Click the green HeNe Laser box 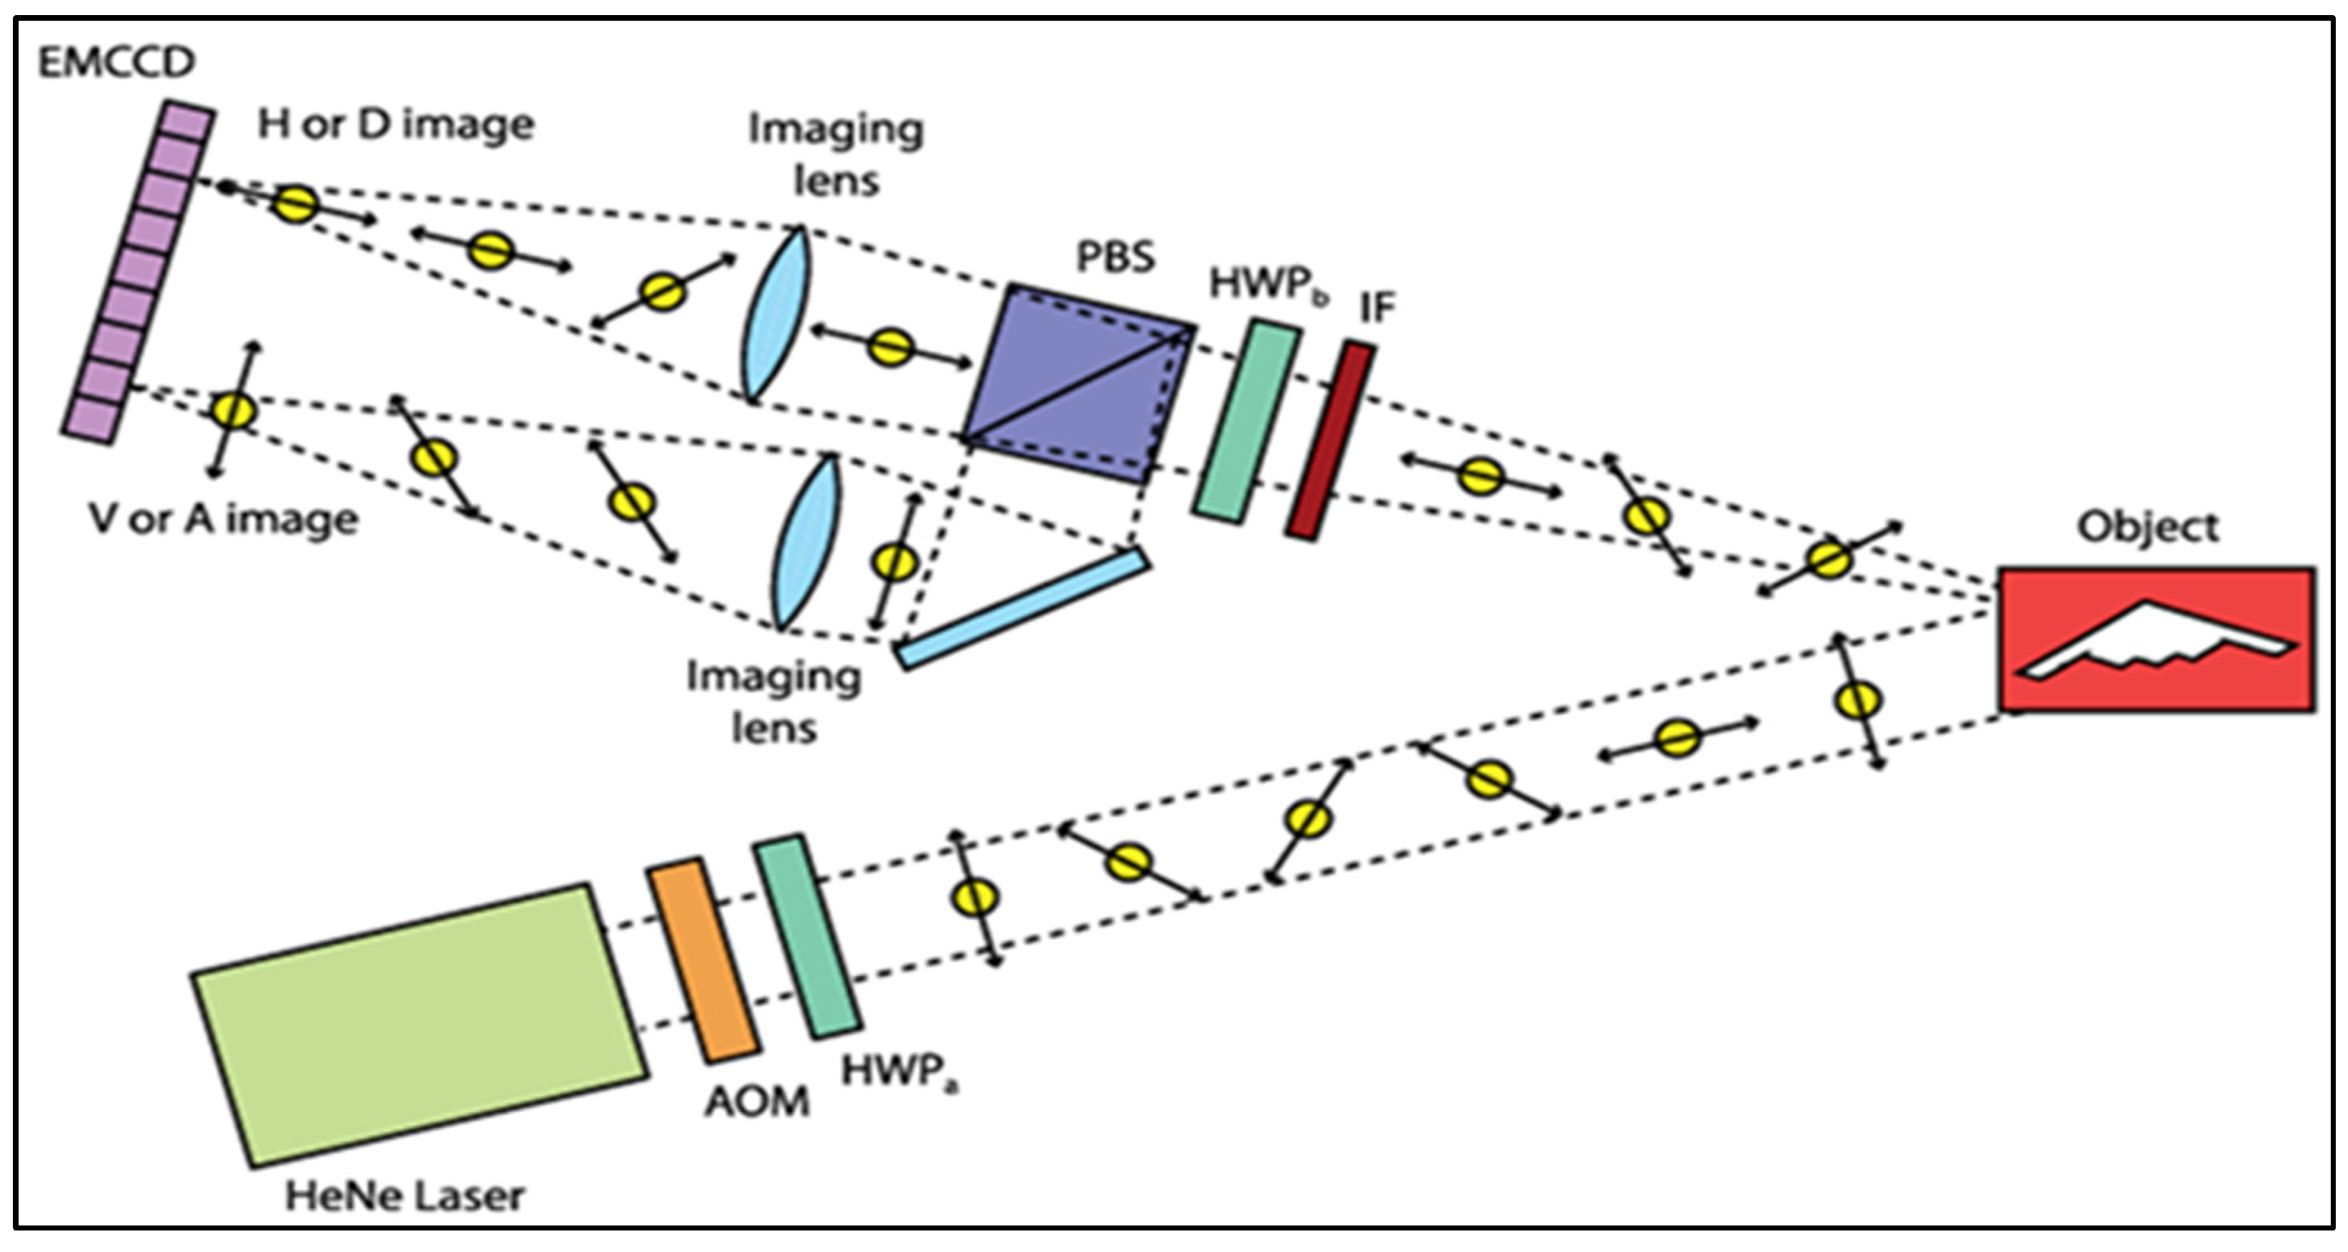pos(419,1025)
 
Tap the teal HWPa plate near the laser pos(806,936)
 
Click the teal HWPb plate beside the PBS pos(1246,421)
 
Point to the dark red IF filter pos(1331,441)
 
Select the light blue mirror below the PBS pos(1023,609)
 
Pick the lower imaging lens pos(806,541)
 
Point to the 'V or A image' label pos(223,519)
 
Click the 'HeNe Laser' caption pos(405,1195)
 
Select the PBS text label pos(1115,257)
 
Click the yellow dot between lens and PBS pos(890,347)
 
